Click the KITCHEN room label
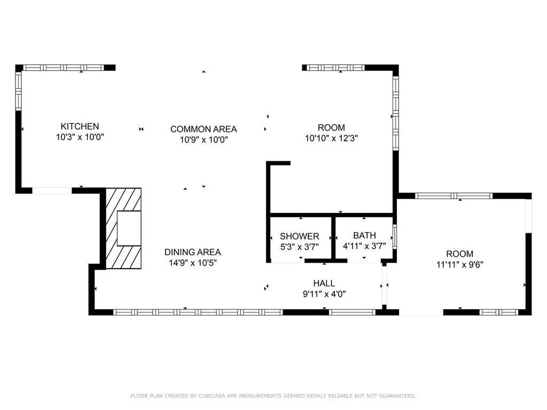[80, 127]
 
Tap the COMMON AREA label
[204, 129]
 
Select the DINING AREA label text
[192, 253]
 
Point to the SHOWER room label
[300, 236]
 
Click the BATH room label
[364, 235]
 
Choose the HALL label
[324, 283]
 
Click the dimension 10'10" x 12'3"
[331, 138]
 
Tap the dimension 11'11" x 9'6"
[460, 264]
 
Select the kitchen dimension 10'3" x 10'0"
[80, 137]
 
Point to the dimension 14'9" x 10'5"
[192, 263]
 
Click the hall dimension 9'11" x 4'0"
[324, 294]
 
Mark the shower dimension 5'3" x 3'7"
[300, 246]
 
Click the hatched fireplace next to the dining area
[123, 228]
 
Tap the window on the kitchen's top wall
[63, 68]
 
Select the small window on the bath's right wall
[395, 236]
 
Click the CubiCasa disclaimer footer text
[273, 396]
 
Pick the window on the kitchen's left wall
[18, 91]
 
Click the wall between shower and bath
[333, 238]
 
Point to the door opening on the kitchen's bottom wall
[52, 190]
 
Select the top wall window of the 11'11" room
[454, 195]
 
